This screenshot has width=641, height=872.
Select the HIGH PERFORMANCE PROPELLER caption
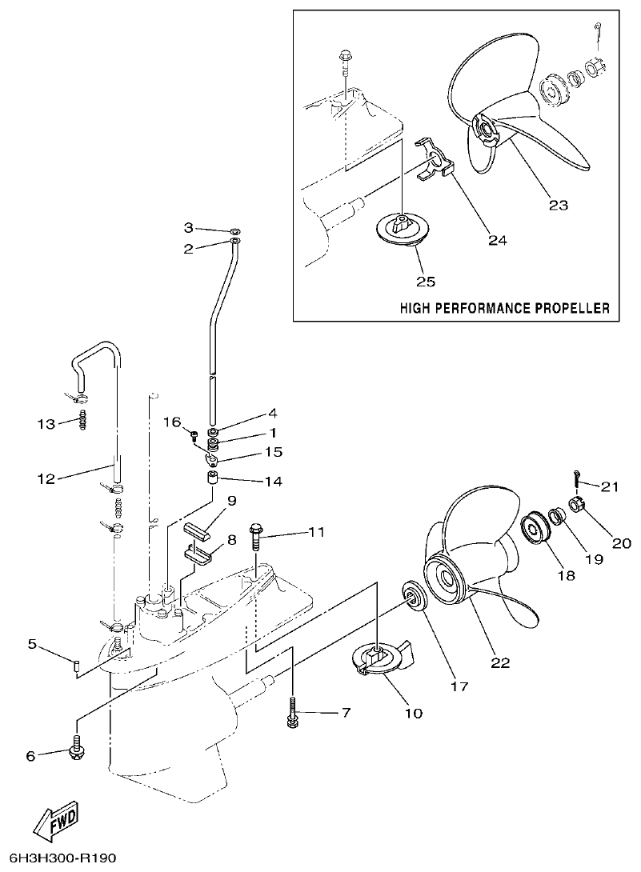504,307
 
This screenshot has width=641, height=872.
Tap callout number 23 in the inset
559,205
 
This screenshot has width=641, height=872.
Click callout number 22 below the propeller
500,662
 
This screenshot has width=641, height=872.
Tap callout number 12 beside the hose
46,479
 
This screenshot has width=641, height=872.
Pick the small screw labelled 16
192,435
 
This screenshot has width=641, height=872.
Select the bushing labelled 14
214,482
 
